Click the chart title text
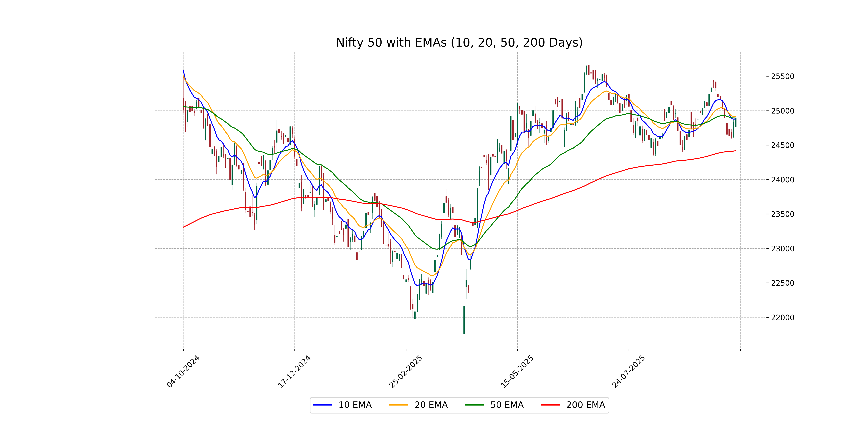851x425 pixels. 459,42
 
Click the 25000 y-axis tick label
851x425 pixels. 782,111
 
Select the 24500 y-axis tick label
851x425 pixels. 782,145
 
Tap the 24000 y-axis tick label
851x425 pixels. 782,180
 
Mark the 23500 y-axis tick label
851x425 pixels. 782,214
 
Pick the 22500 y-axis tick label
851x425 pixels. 782,283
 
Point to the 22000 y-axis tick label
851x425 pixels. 782,318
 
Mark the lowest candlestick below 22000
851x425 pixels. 464,320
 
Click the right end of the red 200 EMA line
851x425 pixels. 736,151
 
